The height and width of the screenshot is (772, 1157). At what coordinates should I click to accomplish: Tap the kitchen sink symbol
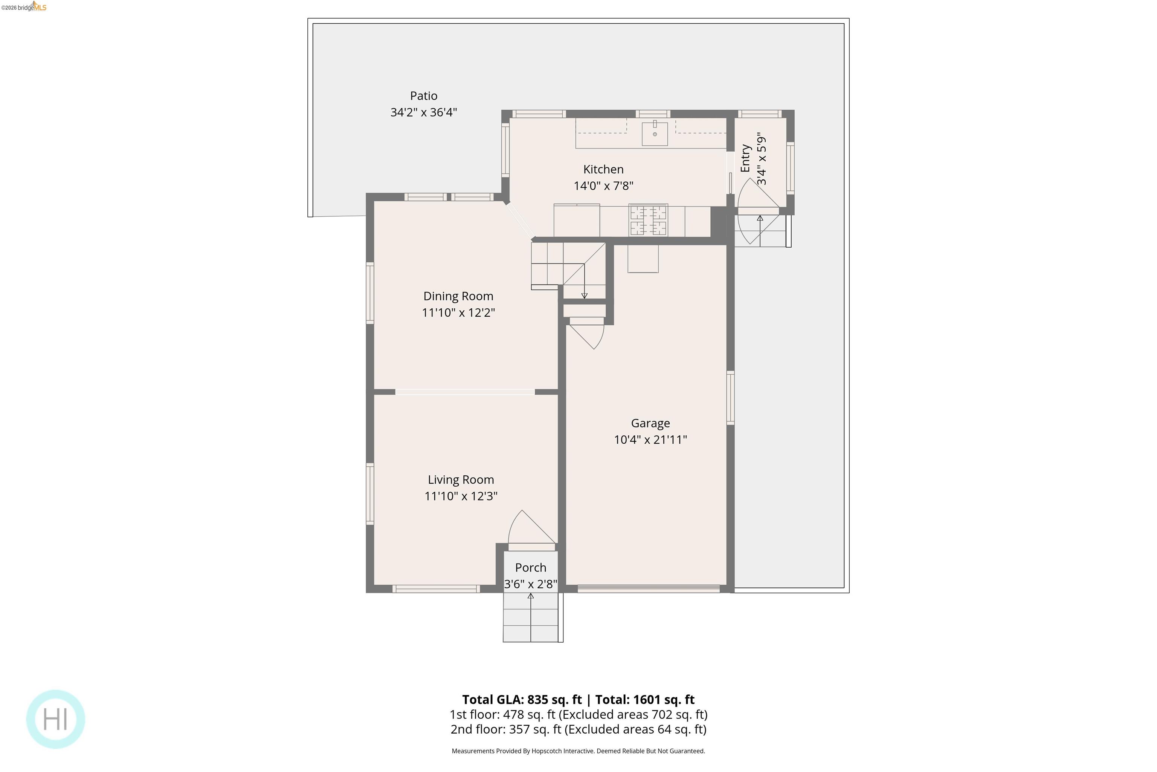click(654, 133)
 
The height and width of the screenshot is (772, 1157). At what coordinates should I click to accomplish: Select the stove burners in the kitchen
click(648, 220)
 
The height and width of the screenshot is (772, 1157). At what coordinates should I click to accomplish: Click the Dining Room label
click(458, 296)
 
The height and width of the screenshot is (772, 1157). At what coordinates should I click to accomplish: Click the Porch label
click(530, 567)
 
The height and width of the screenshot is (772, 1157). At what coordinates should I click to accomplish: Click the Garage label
click(650, 423)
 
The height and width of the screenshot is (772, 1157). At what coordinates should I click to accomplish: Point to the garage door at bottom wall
click(648, 588)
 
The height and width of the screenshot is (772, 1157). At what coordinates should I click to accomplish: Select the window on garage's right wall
click(731, 398)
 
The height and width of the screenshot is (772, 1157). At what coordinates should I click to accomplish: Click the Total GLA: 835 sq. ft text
click(521, 700)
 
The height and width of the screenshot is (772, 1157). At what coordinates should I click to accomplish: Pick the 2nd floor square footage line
click(578, 729)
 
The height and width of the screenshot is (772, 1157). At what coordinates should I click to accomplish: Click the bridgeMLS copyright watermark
click(24, 7)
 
